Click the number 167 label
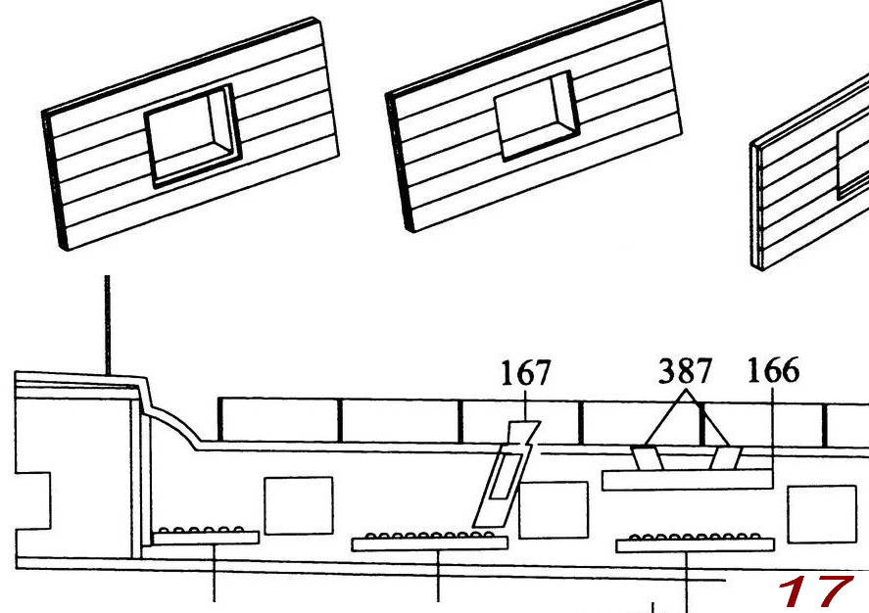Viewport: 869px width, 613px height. click(x=525, y=374)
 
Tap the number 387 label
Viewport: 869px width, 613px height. click(x=685, y=371)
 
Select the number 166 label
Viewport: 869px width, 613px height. click(x=773, y=371)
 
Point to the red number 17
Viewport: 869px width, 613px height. click(x=813, y=592)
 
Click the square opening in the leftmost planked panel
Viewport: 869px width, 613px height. click(x=192, y=134)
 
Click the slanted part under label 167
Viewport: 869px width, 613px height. click(x=501, y=480)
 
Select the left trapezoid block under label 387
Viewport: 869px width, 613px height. click(x=648, y=458)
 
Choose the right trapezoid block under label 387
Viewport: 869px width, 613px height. click(x=726, y=458)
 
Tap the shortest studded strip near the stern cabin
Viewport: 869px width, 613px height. click(x=207, y=536)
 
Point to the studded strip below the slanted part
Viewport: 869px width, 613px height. click(x=429, y=542)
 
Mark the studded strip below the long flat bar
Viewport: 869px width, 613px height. click(x=695, y=542)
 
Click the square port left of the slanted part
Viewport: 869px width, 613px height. click(x=299, y=505)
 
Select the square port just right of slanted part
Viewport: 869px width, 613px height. click(x=553, y=509)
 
